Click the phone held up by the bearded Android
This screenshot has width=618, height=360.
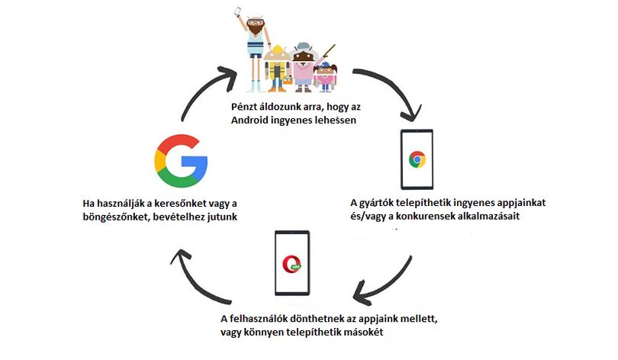point(237,11)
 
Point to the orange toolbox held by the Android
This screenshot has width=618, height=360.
point(288,80)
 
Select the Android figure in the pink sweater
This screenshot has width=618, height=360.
point(303,66)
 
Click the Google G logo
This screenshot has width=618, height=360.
point(182,161)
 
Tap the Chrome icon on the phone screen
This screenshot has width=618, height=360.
point(417,159)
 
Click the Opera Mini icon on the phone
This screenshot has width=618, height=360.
point(292,264)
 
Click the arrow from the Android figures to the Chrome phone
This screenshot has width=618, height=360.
point(394,87)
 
